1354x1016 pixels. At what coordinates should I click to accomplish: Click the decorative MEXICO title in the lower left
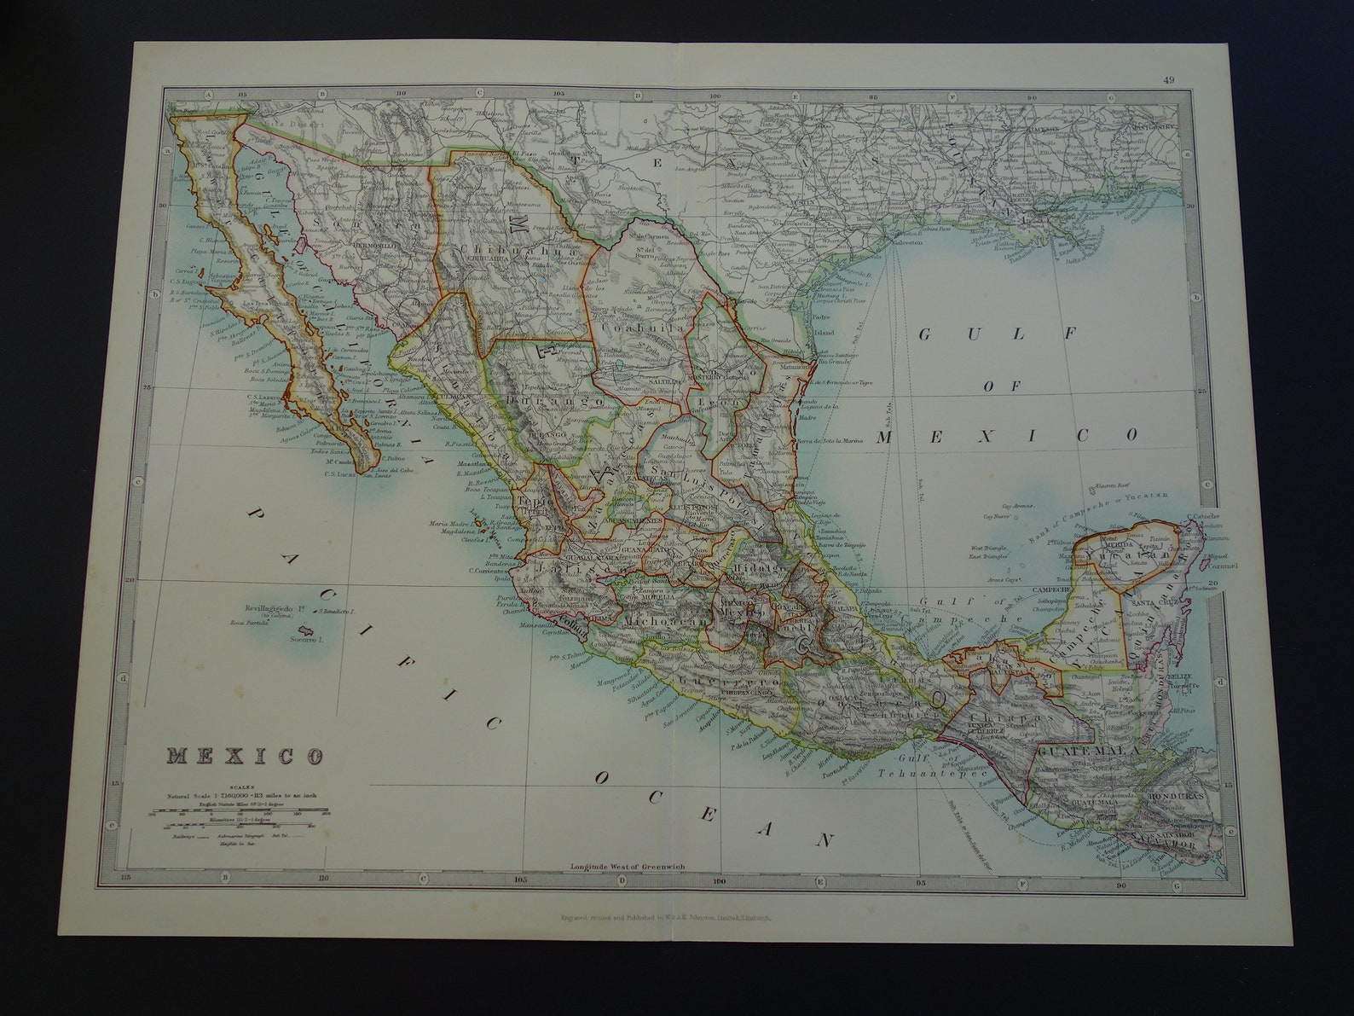(246, 756)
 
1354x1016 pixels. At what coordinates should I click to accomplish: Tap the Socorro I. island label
(305, 639)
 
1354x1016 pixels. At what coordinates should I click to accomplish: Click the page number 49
(1168, 81)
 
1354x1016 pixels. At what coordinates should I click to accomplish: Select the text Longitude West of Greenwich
(627, 867)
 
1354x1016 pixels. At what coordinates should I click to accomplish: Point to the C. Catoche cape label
(1203, 516)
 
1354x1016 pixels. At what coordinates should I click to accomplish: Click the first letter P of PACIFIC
(253, 514)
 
